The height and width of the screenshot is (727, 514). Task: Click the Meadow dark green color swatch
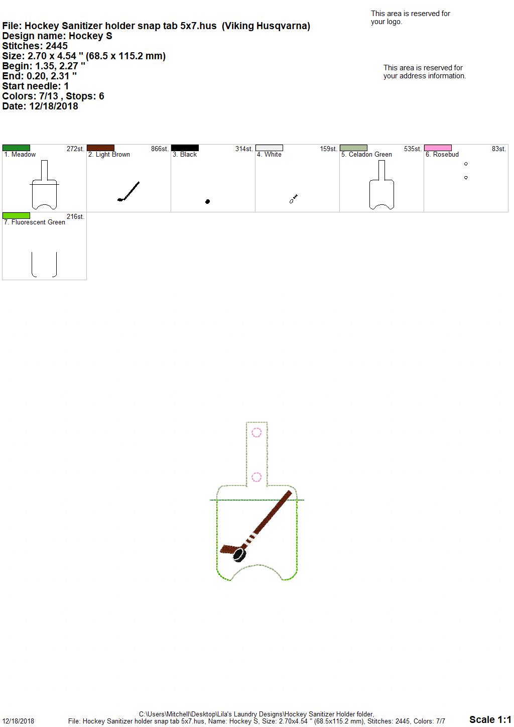(x=16, y=148)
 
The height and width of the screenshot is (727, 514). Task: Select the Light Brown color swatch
(x=100, y=148)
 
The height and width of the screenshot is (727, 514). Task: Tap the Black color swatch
(x=185, y=148)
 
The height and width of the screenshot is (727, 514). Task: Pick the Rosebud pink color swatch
(x=438, y=148)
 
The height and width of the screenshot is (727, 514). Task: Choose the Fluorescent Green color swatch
(x=16, y=215)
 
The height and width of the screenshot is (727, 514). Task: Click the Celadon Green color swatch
(x=353, y=148)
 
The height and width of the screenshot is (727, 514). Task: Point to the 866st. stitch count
(x=160, y=149)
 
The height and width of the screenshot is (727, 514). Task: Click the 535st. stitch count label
(x=413, y=149)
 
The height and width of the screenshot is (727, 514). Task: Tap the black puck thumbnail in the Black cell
(x=208, y=201)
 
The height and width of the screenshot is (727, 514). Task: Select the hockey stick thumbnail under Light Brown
(x=128, y=191)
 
